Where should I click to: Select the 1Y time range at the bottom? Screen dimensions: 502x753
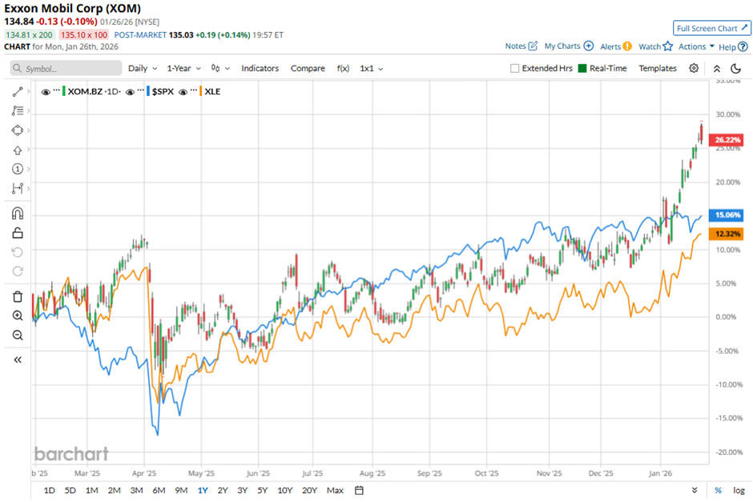point(203,490)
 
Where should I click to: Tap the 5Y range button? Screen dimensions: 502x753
point(263,490)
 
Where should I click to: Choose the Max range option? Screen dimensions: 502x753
point(335,490)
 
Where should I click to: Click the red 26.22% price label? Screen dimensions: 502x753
point(727,139)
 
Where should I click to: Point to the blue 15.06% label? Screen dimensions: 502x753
point(727,215)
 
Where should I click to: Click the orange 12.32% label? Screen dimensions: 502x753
point(727,234)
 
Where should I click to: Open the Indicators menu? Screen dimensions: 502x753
point(260,68)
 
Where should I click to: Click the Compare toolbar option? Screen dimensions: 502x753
point(308,68)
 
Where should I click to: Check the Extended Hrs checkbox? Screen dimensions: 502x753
point(514,68)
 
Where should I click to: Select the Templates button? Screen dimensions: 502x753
point(657,68)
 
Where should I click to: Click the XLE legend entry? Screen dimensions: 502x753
point(212,91)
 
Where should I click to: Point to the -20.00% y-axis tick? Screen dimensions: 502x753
point(726,452)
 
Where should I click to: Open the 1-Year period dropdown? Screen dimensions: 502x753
point(177,68)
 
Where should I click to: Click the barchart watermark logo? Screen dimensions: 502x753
point(71,454)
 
